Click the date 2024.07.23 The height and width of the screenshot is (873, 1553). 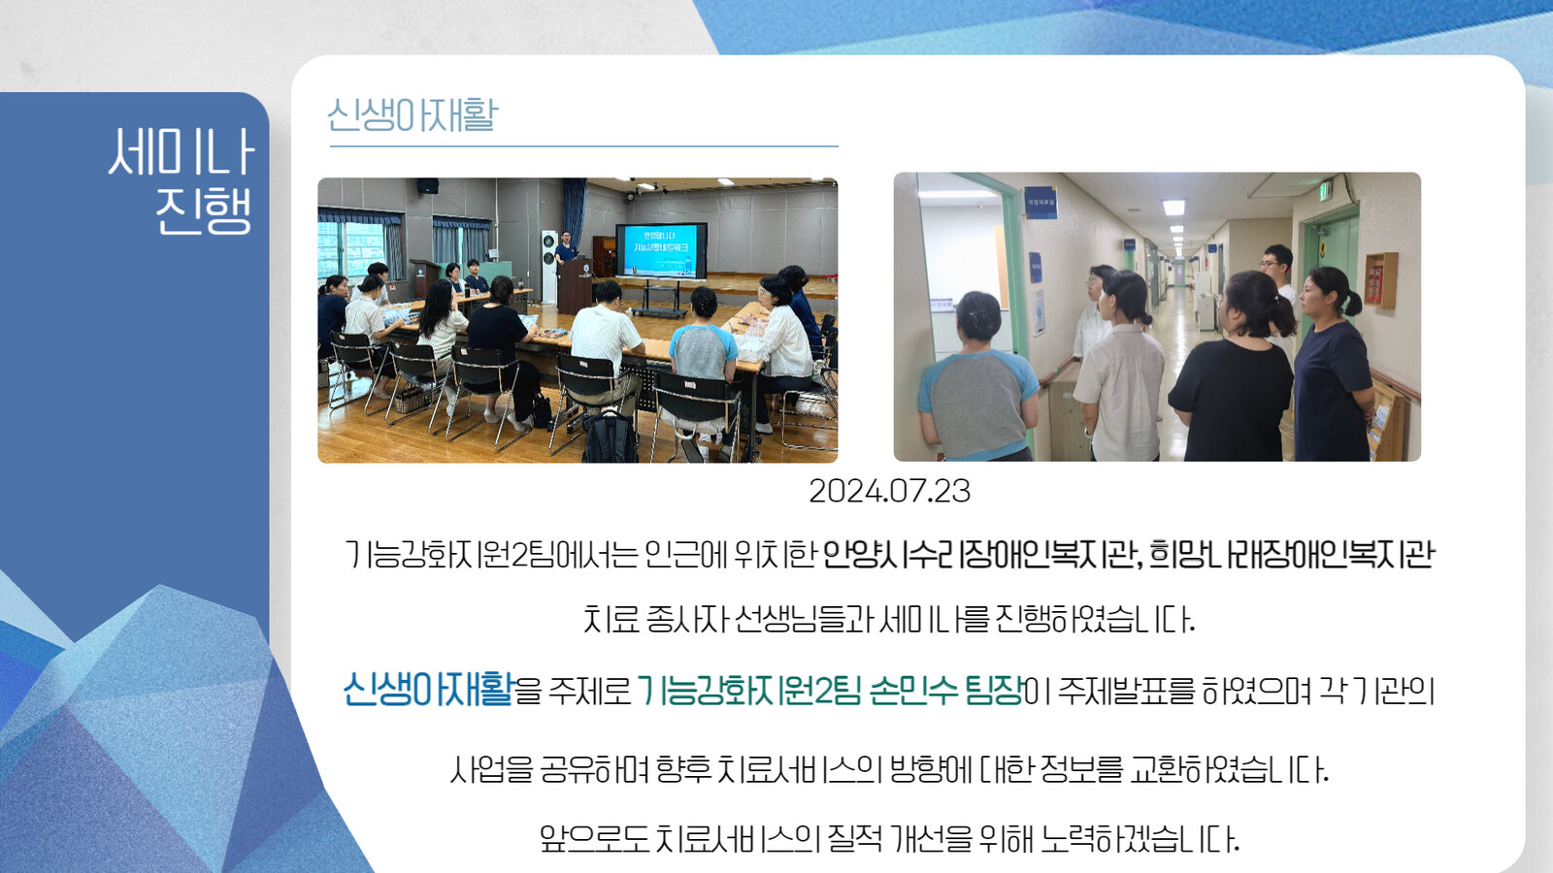[889, 491]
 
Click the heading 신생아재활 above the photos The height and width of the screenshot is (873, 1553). [413, 115]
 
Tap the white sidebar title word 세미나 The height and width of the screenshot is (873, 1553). [182, 151]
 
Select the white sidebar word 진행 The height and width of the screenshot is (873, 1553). [203, 210]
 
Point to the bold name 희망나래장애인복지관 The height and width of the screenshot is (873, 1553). [1291, 555]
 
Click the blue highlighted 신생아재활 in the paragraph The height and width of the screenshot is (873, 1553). [428, 690]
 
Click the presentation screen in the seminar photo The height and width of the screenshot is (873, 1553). [661, 251]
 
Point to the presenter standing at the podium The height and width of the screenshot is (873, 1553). [566, 249]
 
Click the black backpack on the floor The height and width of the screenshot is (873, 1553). [610, 436]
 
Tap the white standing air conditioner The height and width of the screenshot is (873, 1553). [549, 267]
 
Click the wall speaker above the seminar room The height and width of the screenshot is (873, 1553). [427, 185]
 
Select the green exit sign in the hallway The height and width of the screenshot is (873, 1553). [1324, 190]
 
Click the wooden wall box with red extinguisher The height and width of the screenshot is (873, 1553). [1380, 279]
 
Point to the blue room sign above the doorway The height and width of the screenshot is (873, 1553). [1040, 203]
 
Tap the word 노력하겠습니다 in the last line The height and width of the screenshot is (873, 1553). [1140, 839]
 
